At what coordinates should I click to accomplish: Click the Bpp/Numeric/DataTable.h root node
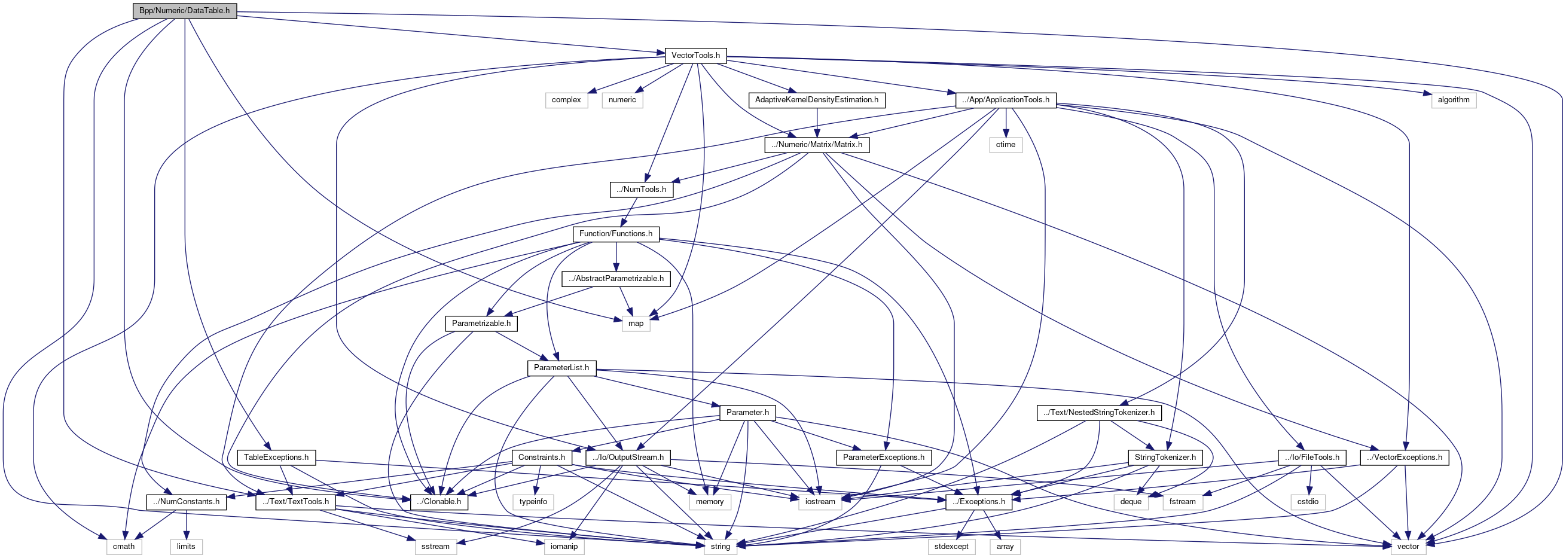[x=184, y=11]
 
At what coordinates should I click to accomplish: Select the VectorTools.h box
[x=695, y=55]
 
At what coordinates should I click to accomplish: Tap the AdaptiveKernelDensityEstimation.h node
[x=816, y=100]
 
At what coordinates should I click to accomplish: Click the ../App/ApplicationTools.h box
[x=1006, y=100]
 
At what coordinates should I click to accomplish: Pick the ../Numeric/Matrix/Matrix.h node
[x=816, y=145]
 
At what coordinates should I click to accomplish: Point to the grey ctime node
[x=1006, y=145]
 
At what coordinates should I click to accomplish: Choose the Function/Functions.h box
[x=615, y=234]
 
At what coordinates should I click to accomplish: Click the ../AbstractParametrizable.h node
[x=616, y=278]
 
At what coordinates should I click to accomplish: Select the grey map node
[x=636, y=324]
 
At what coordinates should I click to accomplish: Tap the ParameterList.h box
[x=561, y=368]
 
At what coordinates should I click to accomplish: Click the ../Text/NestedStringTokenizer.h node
[x=1098, y=413]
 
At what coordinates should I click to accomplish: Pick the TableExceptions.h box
[x=276, y=457]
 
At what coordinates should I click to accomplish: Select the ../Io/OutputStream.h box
[x=628, y=457]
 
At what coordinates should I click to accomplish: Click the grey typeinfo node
[x=533, y=502]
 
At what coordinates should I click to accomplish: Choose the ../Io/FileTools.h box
[x=1311, y=457]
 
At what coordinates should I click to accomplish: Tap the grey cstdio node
[x=1308, y=502]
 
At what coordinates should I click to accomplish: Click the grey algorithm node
[x=1454, y=100]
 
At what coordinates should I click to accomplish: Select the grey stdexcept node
[x=951, y=547]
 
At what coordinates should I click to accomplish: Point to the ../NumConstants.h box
[x=187, y=502]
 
